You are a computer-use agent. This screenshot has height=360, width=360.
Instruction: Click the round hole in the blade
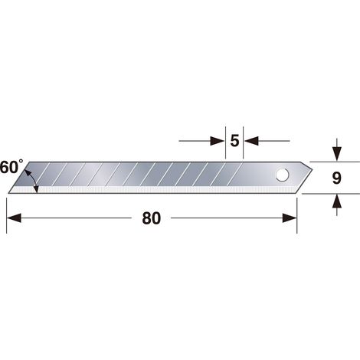coord(282,175)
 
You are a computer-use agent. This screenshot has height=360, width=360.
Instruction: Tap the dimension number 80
coord(152,218)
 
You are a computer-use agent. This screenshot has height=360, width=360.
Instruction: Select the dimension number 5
coord(234,141)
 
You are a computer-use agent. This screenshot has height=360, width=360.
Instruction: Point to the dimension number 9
coord(337,178)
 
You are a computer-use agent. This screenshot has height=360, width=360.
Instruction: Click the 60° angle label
coord(11,168)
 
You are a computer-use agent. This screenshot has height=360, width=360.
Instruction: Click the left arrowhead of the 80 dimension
coord(14,218)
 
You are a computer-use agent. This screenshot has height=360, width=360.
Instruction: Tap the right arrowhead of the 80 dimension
coord(290,218)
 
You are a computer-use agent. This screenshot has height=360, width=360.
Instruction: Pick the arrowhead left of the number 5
coord(218,141)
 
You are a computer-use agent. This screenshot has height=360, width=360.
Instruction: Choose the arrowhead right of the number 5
coord(251,141)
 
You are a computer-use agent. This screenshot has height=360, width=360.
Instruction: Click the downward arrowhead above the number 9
coord(337,154)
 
